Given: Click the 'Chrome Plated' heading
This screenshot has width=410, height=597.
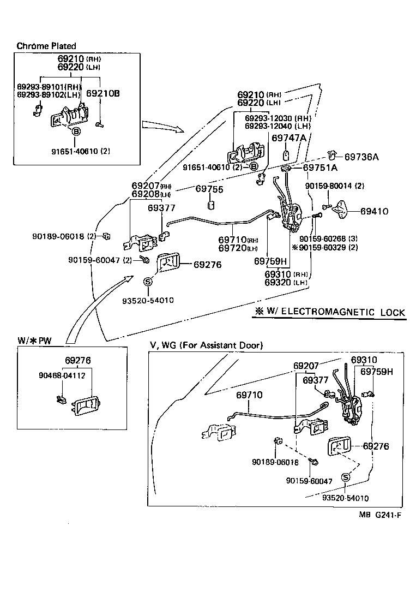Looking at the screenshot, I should pyautogui.click(x=46, y=46).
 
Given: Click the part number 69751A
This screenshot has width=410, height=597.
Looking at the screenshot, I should pyautogui.click(x=320, y=168).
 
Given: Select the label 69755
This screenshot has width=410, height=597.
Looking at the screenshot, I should pyautogui.click(x=209, y=189).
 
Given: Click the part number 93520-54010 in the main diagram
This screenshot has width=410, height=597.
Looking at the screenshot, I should pyautogui.click(x=148, y=300).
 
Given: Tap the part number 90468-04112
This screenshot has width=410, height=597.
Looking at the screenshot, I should pyautogui.click(x=62, y=375).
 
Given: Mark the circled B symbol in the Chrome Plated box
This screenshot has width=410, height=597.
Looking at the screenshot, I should pyautogui.click(x=76, y=132).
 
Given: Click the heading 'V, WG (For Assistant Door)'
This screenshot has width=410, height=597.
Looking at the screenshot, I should pyautogui.click(x=206, y=345).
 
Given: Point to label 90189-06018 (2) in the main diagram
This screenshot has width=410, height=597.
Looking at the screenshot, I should pyautogui.click(x=64, y=236).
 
